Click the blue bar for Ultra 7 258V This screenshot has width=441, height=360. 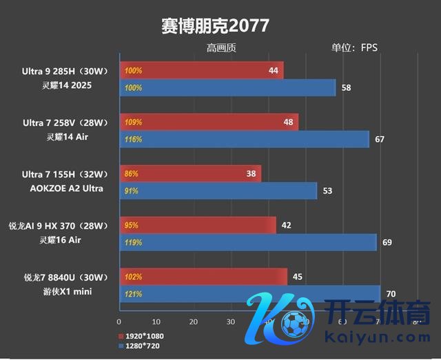(x=245, y=140)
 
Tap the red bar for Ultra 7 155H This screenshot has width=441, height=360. (x=190, y=173)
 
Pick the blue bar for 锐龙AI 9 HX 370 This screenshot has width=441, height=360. (x=248, y=242)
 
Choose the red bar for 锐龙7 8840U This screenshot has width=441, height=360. (x=203, y=277)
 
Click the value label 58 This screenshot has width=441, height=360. (x=346, y=88)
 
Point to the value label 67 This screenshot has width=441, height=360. (x=379, y=140)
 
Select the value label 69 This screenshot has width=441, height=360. (x=387, y=242)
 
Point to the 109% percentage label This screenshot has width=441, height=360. (x=133, y=123)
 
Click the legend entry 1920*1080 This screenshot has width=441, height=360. (x=144, y=336)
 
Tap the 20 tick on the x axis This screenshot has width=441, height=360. (x=193, y=321)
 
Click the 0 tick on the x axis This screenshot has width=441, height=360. (x=120, y=321)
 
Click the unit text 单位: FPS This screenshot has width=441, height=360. (x=354, y=47)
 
